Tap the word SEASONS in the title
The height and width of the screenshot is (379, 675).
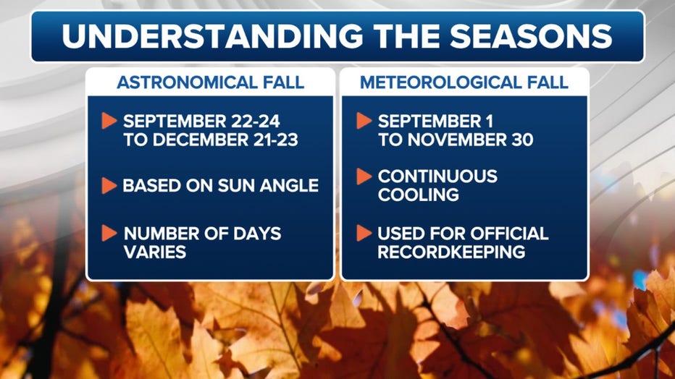click(531, 35)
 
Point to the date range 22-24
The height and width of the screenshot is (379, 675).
click(256, 122)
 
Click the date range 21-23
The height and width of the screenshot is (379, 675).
click(275, 140)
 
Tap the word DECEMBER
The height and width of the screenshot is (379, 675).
click(201, 140)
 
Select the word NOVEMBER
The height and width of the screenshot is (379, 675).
click(453, 140)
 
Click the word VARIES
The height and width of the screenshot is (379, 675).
click(155, 252)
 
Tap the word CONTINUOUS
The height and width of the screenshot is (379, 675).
click(437, 176)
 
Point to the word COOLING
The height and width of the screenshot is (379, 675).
click(419, 195)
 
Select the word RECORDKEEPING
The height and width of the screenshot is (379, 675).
click(452, 252)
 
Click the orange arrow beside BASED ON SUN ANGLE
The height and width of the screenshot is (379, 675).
click(109, 186)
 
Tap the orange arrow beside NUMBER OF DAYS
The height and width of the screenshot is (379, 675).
click(109, 234)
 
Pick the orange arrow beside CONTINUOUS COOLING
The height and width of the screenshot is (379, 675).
click(364, 176)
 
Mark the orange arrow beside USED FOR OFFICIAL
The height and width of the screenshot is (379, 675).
click(364, 234)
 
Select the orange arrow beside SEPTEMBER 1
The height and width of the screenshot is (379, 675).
click(364, 121)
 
